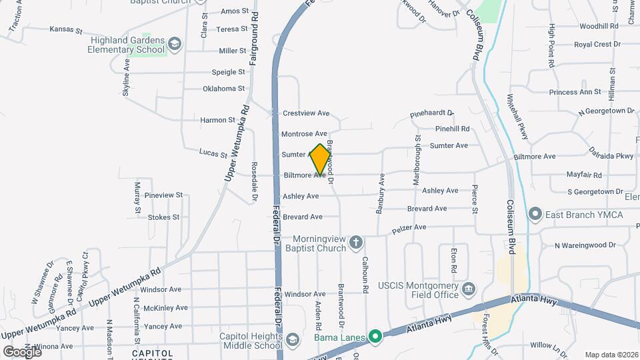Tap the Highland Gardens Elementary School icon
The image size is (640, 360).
(174, 44)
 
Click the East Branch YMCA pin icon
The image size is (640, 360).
(535, 214)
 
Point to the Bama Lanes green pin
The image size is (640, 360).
(375, 337)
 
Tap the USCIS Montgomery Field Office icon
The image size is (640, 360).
(469, 288)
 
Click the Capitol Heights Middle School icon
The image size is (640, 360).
(291, 341)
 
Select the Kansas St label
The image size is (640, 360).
(66, 31)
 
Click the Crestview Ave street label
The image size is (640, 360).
(306, 113)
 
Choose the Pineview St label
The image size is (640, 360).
(163, 195)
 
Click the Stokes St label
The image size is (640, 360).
(163, 217)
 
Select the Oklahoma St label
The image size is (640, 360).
(224, 88)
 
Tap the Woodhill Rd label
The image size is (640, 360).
(599, 26)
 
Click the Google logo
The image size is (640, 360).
(22, 351)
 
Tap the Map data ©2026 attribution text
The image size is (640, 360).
(611, 355)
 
